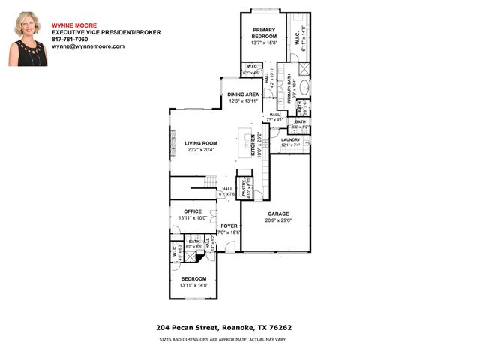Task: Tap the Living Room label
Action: [x=201, y=143]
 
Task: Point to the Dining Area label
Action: [x=243, y=94]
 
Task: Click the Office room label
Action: [x=190, y=211]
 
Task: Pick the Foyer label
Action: [x=228, y=226]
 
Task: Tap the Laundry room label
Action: [x=290, y=140]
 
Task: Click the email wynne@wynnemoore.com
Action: [x=88, y=46]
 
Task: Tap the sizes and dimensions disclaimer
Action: [x=222, y=339]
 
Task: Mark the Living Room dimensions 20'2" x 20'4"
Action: [x=201, y=149]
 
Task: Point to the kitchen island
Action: [x=244, y=140]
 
